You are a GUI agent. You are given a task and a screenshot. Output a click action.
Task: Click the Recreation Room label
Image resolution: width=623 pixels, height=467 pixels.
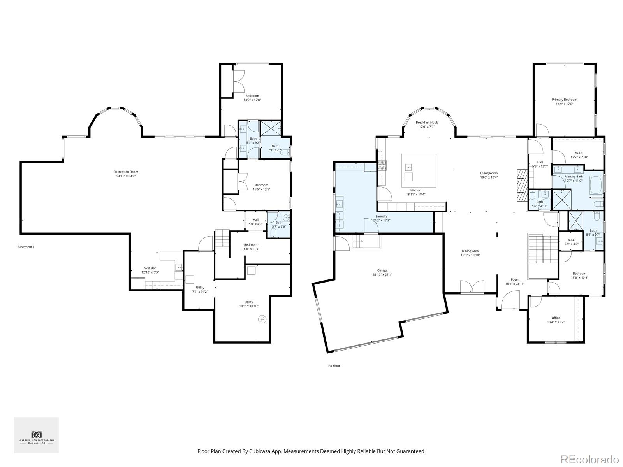pos(126,172)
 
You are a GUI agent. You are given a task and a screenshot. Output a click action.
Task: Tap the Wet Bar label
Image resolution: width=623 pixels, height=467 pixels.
pos(150,268)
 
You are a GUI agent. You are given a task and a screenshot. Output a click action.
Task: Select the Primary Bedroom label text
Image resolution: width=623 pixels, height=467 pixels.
pos(564,100)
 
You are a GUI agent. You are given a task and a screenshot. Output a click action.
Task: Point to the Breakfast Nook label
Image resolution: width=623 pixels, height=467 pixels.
pos(426,123)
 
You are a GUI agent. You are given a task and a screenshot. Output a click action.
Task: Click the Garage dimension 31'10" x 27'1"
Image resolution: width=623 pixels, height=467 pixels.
pos(382,274)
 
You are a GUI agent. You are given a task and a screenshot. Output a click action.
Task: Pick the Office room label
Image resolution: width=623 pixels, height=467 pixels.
pos(556,318)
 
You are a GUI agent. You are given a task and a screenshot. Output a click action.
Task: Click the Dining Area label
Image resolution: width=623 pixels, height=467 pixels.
pos(470,251)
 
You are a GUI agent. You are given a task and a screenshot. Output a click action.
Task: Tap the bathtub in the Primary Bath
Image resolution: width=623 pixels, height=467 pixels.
pos(596,185)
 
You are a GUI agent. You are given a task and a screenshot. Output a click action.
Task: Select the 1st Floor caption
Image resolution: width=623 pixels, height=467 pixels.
pos(334,366)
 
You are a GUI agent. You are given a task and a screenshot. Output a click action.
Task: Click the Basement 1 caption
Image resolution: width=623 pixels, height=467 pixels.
pos(26,247)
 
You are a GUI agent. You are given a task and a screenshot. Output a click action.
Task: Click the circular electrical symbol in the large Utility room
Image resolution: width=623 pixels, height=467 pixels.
pos(262,319)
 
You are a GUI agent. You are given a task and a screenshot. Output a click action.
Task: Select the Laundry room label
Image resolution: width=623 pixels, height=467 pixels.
pos(381,216)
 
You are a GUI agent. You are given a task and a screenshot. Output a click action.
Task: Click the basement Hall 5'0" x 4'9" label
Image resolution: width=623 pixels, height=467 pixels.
pos(255,220)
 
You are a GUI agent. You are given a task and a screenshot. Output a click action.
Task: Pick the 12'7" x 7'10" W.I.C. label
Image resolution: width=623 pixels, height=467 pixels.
pos(579,153)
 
